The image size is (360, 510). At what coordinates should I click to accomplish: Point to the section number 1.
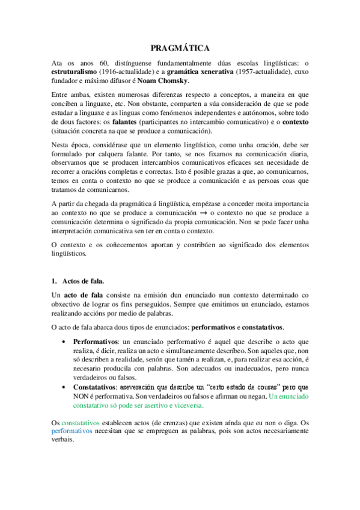point(53,280)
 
